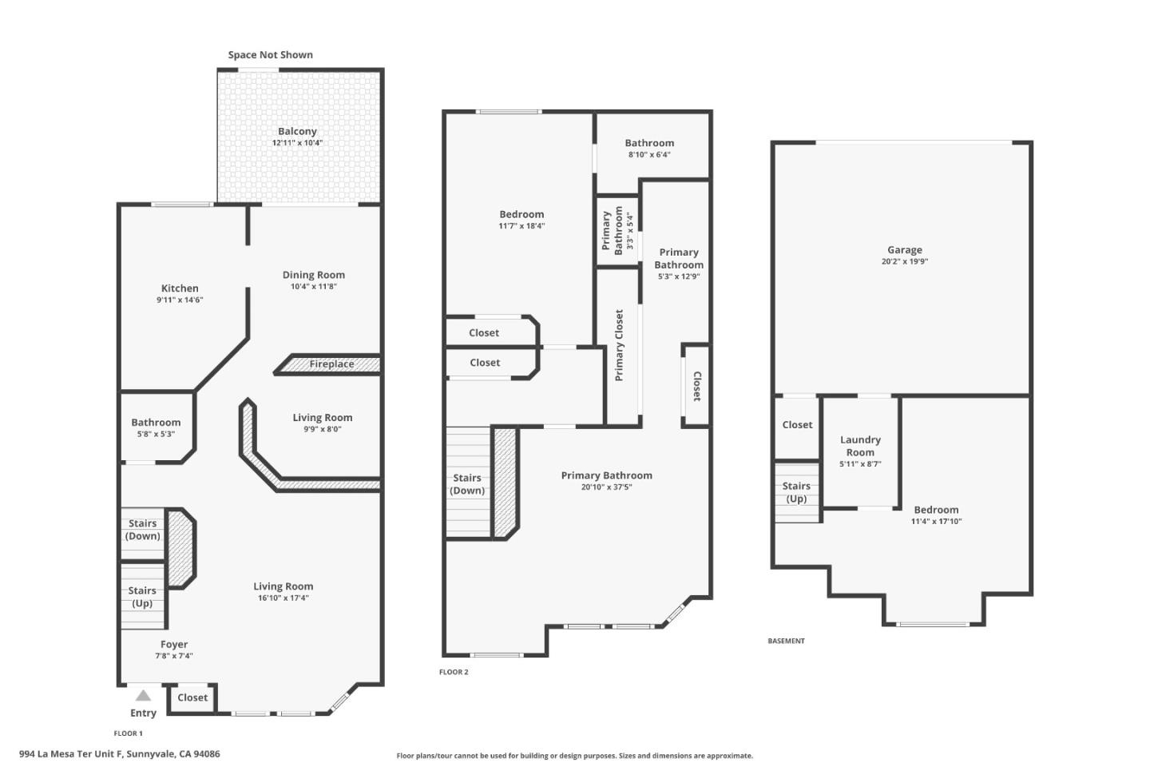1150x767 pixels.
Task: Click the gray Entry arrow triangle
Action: pyautogui.click(x=143, y=695)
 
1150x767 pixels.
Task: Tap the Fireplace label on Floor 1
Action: pyautogui.click(x=331, y=364)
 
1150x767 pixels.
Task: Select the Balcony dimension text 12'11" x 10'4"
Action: pyautogui.click(x=297, y=143)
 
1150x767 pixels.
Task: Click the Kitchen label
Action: pyautogui.click(x=180, y=288)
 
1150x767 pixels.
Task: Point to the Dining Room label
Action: pyautogui.click(x=314, y=275)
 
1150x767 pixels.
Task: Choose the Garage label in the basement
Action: pyautogui.click(x=904, y=250)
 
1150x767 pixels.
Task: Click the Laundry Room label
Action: pyautogui.click(x=860, y=446)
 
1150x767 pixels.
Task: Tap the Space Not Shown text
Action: pyautogui.click(x=270, y=55)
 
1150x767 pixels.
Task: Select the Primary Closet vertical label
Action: pyautogui.click(x=619, y=345)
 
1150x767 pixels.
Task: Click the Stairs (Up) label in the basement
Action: pyautogui.click(x=796, y=492)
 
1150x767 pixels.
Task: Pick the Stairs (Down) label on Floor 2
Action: pyautogui.click(x=467, y=484)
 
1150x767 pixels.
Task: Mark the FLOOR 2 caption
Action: pyautogui.click(x=454, y=672)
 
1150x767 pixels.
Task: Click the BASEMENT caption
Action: pyautogui.click(x=786, y=641)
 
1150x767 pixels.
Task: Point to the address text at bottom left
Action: pyautogui.click(x=120, y=753)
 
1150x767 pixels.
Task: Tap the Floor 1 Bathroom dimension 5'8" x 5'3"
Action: pyautogui.click(x=156, y=434)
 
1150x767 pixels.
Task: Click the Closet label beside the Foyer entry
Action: pyautogui.click(x=192, y=697)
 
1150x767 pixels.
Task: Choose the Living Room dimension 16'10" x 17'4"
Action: pyautogui.click(x=283, y=598)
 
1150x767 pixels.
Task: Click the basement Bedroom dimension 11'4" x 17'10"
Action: pyautogui.click(x=936, y=522)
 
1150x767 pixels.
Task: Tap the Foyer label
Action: pyautogui.click(x=174, y=645)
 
